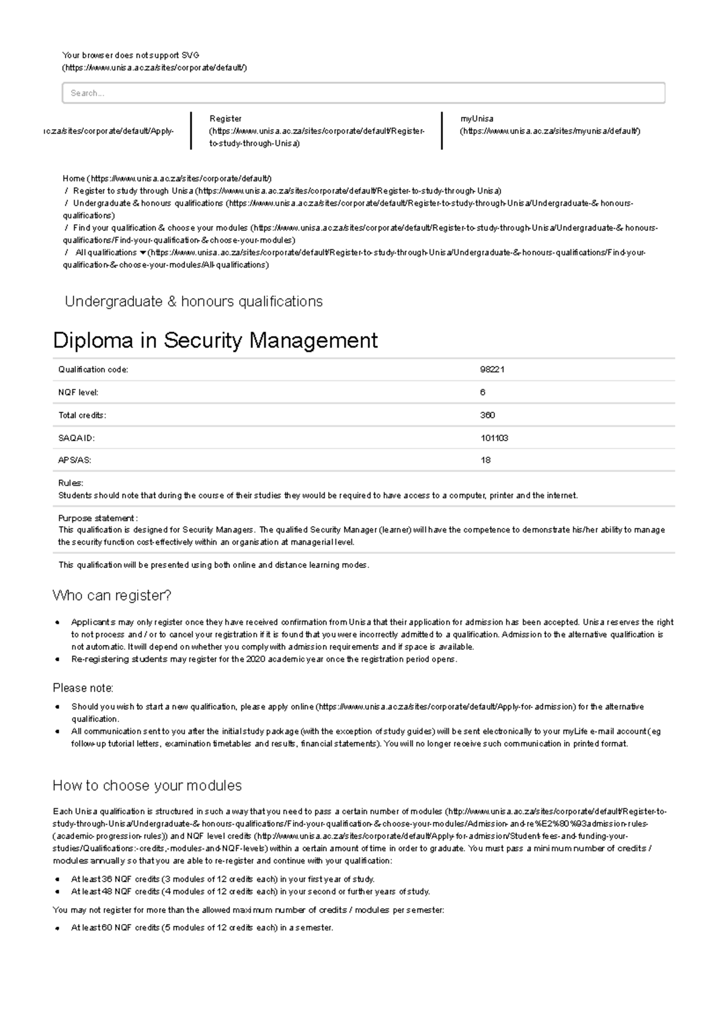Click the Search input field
[x=363, y=93]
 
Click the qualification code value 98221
[x=492, y=369]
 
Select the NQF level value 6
[x=483, y=393]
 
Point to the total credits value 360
[x=488, y=415]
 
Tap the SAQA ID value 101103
[x=494, y=438]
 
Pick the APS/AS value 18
[x=485, y=461]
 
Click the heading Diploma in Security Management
[x=215, y=340]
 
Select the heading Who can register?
[x=112, y=596]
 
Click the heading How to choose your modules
[x=147, y=786]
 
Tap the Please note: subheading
[x=83, y=688]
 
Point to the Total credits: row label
[x=82, y=415]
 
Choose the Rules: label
[x=70, y=483]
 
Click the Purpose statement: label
[x=98, y=518]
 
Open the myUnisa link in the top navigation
[x=477, y=119]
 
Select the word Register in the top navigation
[x=226, y=119]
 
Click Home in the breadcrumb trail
[x=73, y=178]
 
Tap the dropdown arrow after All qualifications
[x=143, y=252]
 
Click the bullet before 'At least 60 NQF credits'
[x=57, y=928]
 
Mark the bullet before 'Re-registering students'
[x=57, y=660]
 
